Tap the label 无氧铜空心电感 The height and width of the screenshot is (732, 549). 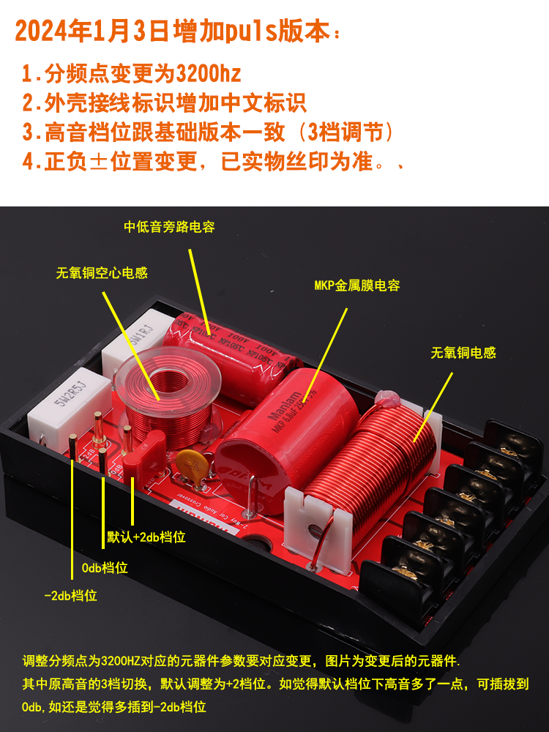(x=102, y=273)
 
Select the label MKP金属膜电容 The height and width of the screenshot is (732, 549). (x=357, y=285)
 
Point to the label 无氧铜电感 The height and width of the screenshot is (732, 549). (x=463, y=353)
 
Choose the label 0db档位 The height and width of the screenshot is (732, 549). (x=103, y=567)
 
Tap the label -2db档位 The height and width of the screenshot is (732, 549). (x=70, y=595)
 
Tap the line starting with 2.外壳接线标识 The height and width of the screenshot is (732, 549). (x=164, y=103)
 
